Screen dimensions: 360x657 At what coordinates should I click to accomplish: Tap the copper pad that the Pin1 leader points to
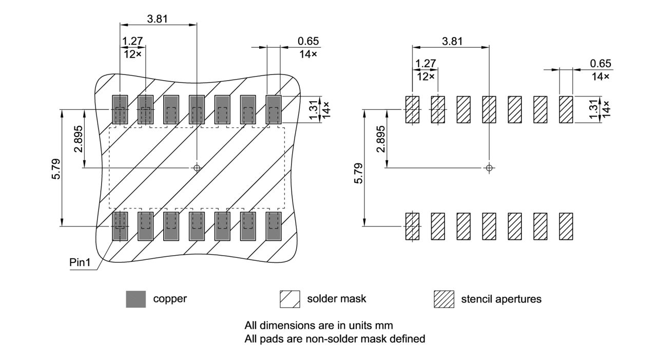click(120, 226)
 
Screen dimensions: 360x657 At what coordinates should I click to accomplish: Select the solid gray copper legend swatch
click(136, 299)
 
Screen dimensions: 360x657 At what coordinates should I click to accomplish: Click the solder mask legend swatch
click(289, 299)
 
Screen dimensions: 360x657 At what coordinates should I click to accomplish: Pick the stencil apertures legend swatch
click(444, 299)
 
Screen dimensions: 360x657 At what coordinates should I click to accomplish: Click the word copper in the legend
click(170, 299)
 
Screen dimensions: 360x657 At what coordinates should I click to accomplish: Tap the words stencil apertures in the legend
click(501, 299)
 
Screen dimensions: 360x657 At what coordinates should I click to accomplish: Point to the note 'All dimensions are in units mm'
click(319, 326)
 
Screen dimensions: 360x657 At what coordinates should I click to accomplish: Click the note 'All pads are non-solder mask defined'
click(335, 339)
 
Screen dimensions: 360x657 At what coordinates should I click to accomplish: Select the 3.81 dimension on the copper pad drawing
click(157, 19)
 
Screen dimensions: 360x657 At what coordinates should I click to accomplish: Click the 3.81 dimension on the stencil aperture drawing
click(452, 41)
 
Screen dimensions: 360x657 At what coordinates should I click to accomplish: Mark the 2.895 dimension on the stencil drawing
click(380, 139)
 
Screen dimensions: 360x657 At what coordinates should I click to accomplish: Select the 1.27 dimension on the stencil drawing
click(426, 64)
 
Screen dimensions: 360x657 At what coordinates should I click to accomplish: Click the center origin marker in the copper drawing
click(197, 167)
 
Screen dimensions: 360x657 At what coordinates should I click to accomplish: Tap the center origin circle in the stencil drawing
click(489, 167)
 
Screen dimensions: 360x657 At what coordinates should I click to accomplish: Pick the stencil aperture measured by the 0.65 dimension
click(566, 109)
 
